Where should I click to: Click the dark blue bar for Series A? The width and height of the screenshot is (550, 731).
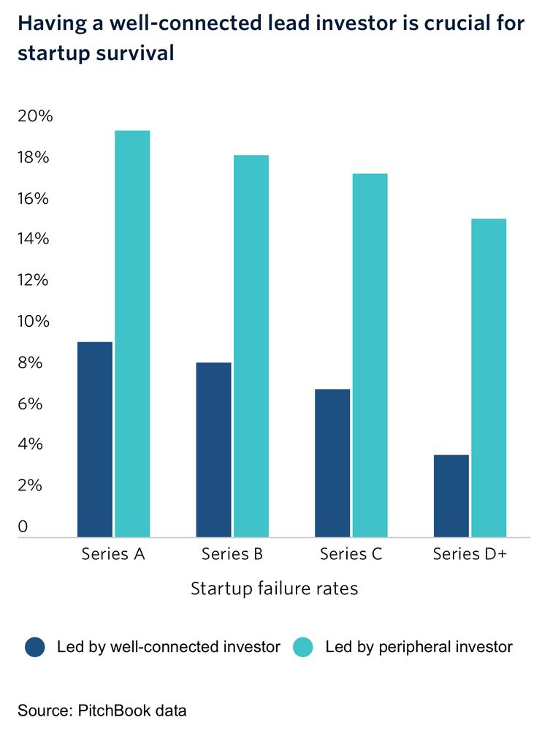click(x=95, y=439)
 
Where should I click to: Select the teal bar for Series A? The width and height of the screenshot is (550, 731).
click(x=132, y=333)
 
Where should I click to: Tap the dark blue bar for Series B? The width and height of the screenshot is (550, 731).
click(x=213, y=450)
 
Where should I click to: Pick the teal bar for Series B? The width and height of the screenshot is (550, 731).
click(x=251, y=346)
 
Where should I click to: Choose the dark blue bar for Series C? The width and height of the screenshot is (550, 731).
click(x=332, y=463)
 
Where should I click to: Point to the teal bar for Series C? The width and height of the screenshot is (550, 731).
click(x=370, y=355)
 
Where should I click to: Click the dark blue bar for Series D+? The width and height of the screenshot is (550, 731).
click(x=451, y=496)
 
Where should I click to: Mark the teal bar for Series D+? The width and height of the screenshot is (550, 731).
click(x=489, y=378)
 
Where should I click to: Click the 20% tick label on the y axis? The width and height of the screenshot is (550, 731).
click(x=36, y=117)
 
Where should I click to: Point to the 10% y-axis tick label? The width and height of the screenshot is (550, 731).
click(x=36, y=322)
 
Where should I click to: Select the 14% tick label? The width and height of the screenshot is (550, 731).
click(x=36, y=239)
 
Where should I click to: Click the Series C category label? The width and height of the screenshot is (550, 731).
click(x=351, y=554)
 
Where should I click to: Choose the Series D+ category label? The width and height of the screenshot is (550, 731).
click(x=470, y=554)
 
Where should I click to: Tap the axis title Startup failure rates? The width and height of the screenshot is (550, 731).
click(x=275, y=588)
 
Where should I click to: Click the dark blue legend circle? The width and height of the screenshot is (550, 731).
click(x=36, y=647)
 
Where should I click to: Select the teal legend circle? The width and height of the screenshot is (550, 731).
click(x=303, y=647)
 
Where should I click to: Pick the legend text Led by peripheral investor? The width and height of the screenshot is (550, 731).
click(x=419, y=647)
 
